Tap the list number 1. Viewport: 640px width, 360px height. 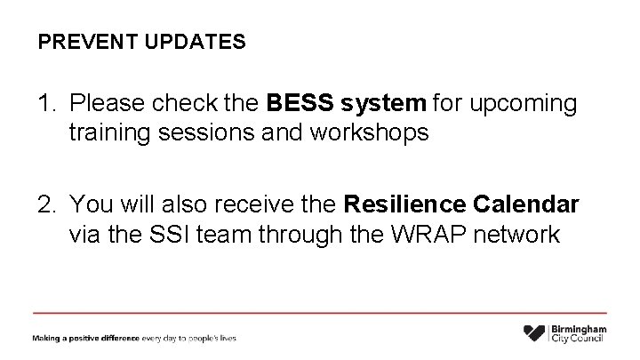44,104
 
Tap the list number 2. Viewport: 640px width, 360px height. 44,205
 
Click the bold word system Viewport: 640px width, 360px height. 383,105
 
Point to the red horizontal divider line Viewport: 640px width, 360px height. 320,313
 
